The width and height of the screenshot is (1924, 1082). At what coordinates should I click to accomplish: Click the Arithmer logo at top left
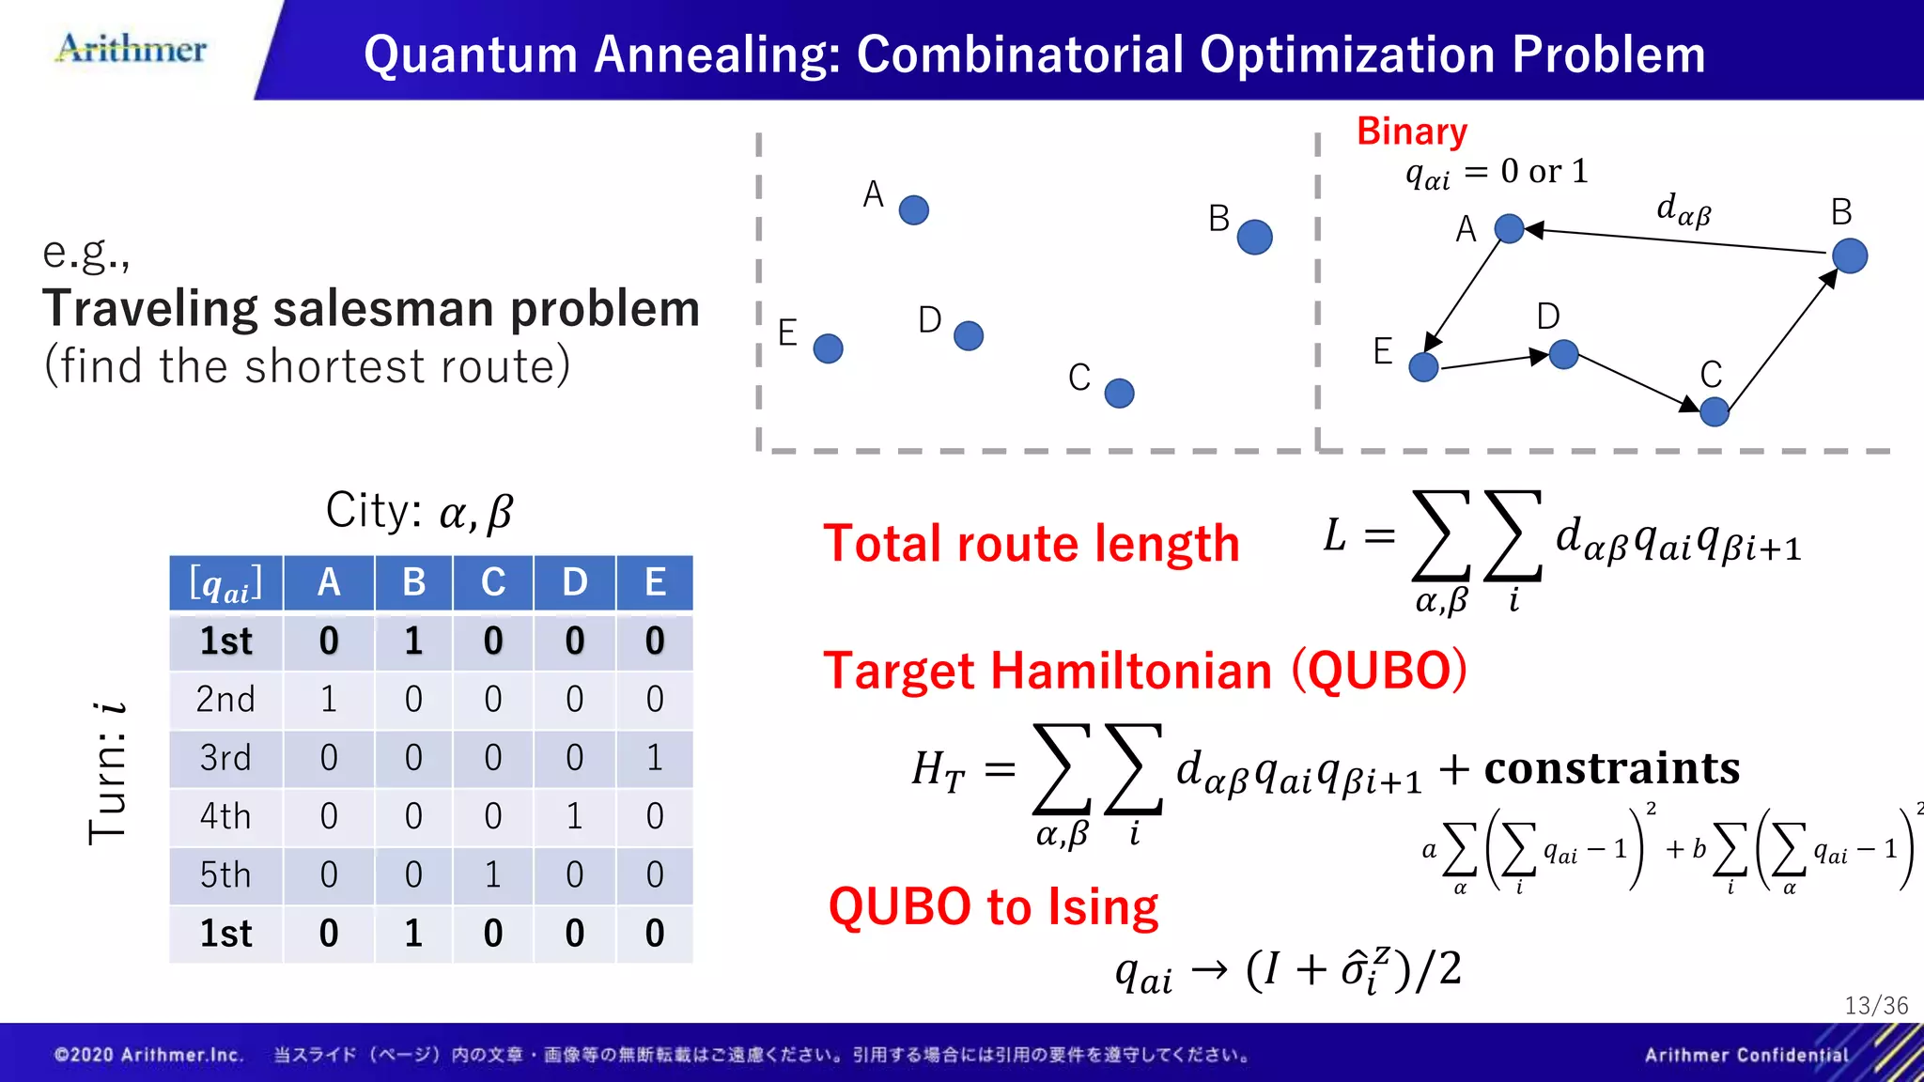pos(132,49)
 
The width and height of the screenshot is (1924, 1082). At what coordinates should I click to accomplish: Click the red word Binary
pos(1411,131)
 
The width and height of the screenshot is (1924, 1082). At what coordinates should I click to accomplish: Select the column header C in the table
pos(493,582)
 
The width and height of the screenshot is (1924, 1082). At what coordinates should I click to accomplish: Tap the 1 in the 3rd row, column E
pos(655,758)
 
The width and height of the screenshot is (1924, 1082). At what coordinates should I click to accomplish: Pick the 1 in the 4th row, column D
pos(574,816)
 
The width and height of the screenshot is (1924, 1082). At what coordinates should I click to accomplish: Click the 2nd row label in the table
pos(225,700)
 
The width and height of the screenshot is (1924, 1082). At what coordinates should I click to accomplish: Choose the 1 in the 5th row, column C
pos(493,874)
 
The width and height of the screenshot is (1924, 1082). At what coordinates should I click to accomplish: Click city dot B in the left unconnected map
pos(1254,237)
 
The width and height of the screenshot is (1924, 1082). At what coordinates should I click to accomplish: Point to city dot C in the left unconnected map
pos(1119,393)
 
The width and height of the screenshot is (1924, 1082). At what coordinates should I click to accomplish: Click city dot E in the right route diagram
pos(1423,366)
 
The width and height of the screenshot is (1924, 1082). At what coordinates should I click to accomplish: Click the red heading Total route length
pos(1031,544)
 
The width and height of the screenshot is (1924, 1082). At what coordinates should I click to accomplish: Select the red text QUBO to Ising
pos(993,907)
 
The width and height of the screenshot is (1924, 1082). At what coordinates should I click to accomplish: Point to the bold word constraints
pos(1611,768)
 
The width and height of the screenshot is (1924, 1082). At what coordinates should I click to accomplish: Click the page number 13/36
pos(1875,1006)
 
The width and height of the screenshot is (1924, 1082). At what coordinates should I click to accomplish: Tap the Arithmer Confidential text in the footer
pos(1746,1055)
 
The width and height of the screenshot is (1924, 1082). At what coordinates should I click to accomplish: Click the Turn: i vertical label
pos(107,772)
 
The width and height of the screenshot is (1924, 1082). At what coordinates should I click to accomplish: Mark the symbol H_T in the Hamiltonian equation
pos(938,770)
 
